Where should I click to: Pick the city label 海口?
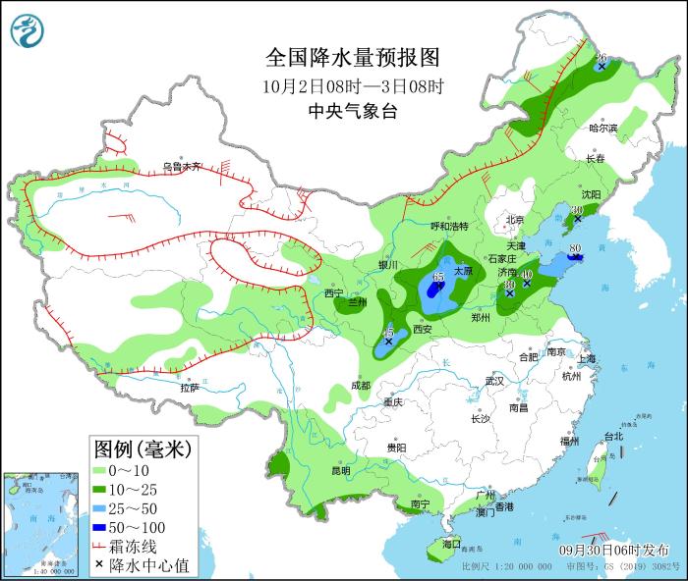coord(451,544)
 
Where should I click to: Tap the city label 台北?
coord(613,436)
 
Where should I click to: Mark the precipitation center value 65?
coord(438,277)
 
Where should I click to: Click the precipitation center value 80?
coord(576,248)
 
